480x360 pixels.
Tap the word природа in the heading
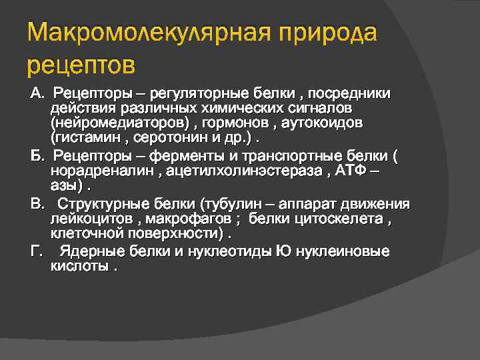(x=331, y=33)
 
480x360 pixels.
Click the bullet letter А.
(x=37, y=91)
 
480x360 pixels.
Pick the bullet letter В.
(x=37, y=203)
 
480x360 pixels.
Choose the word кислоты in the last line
(x=79, y=267)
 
